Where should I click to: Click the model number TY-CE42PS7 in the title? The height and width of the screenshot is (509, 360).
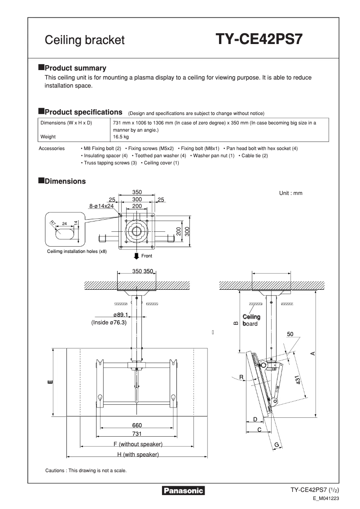tap(259, 40)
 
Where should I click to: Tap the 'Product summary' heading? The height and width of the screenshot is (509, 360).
tap(75, 68)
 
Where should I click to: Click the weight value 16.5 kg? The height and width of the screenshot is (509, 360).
tap(121, 137)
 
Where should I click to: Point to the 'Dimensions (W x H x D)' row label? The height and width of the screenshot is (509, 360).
tap(66, 123)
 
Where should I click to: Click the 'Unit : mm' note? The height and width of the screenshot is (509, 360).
tap(290, 193)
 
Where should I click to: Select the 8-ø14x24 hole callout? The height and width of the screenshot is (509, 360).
tap(101, 206)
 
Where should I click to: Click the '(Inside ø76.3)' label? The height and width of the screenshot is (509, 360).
tap(109, 323)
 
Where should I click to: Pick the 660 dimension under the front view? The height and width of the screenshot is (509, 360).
tap(137, 425)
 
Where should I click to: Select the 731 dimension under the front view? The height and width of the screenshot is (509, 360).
tap(137, 434)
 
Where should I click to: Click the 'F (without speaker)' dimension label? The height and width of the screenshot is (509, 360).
tap(138, 444)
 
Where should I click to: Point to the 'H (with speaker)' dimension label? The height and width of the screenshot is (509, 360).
tap(138, 455)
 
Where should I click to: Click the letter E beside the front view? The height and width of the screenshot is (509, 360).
tap(49, 382)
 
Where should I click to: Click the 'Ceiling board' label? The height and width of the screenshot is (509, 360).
tap(251, 320)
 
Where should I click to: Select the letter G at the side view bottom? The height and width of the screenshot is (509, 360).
tap(277, 444)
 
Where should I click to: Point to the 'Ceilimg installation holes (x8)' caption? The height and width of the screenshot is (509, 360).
tap(77, 252)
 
